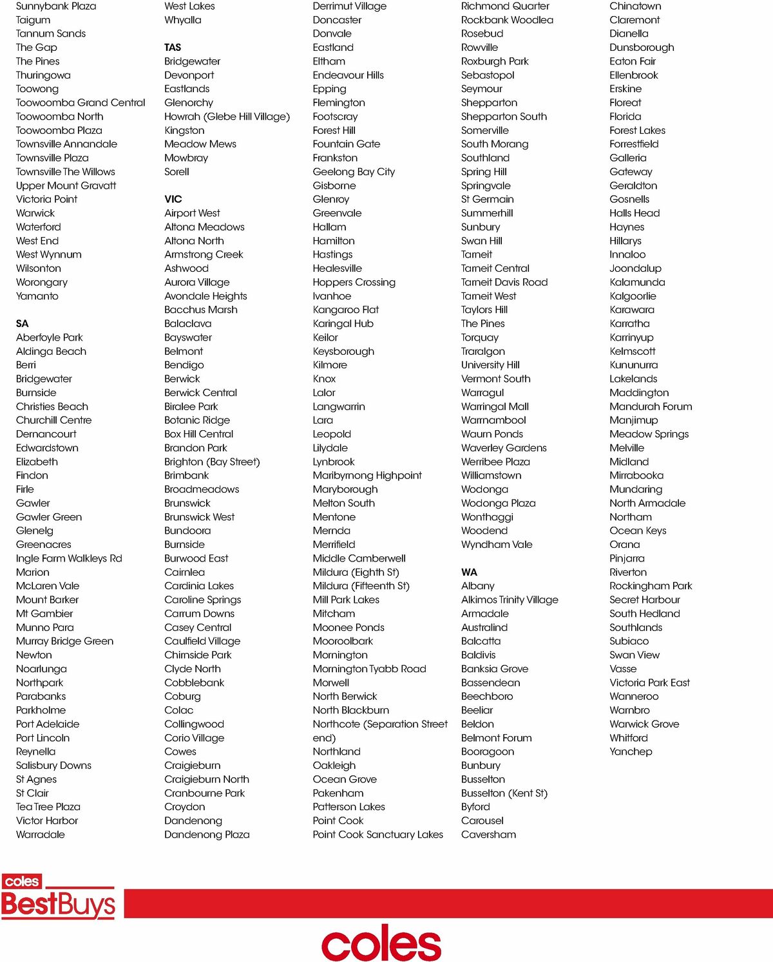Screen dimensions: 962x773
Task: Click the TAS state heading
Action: pyautogui.click(x=173, y=48)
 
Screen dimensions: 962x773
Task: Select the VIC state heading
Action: pyautogui.click(x=173, y=200)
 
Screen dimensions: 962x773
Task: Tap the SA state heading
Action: pyautogui.click(x=23, y=324)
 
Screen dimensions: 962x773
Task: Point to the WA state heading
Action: pyautogui.click(x=470, y=572)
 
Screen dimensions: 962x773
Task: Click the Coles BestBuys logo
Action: pyautogui.click(x=59, y=896)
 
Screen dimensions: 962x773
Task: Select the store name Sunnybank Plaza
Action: pyautogui.click(x=56, y=6)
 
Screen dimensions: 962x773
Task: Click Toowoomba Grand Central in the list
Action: pyautogui.click(x=81, y=103)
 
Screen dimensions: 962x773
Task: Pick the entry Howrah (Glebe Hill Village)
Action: pyautogui.click(x=227, y=117)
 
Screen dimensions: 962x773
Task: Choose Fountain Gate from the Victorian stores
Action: pyautogui.click(x=347, y=144)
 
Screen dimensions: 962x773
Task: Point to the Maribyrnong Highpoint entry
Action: pyautogui.click(x=367, y=476)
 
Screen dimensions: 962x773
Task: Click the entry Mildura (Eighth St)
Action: pyautogui.click(x=356, y=572)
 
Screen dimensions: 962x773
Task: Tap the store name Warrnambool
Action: pyautogui.click(x=493, y=420)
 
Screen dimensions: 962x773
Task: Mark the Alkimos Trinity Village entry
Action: pyautogui.click(x=510, y=600)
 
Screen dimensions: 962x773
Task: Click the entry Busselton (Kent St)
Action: pyautogui.click(x=504, y=793)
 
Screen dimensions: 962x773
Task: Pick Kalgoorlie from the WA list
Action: pyautogui.click(x=633, y=296)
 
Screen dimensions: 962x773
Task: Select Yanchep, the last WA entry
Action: pyautogui.click(x=631, y=752)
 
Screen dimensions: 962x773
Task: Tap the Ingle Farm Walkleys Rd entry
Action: pyautogui.click(x=69, y=559)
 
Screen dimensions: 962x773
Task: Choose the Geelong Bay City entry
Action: pyautogui.click(x=354, y=172)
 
